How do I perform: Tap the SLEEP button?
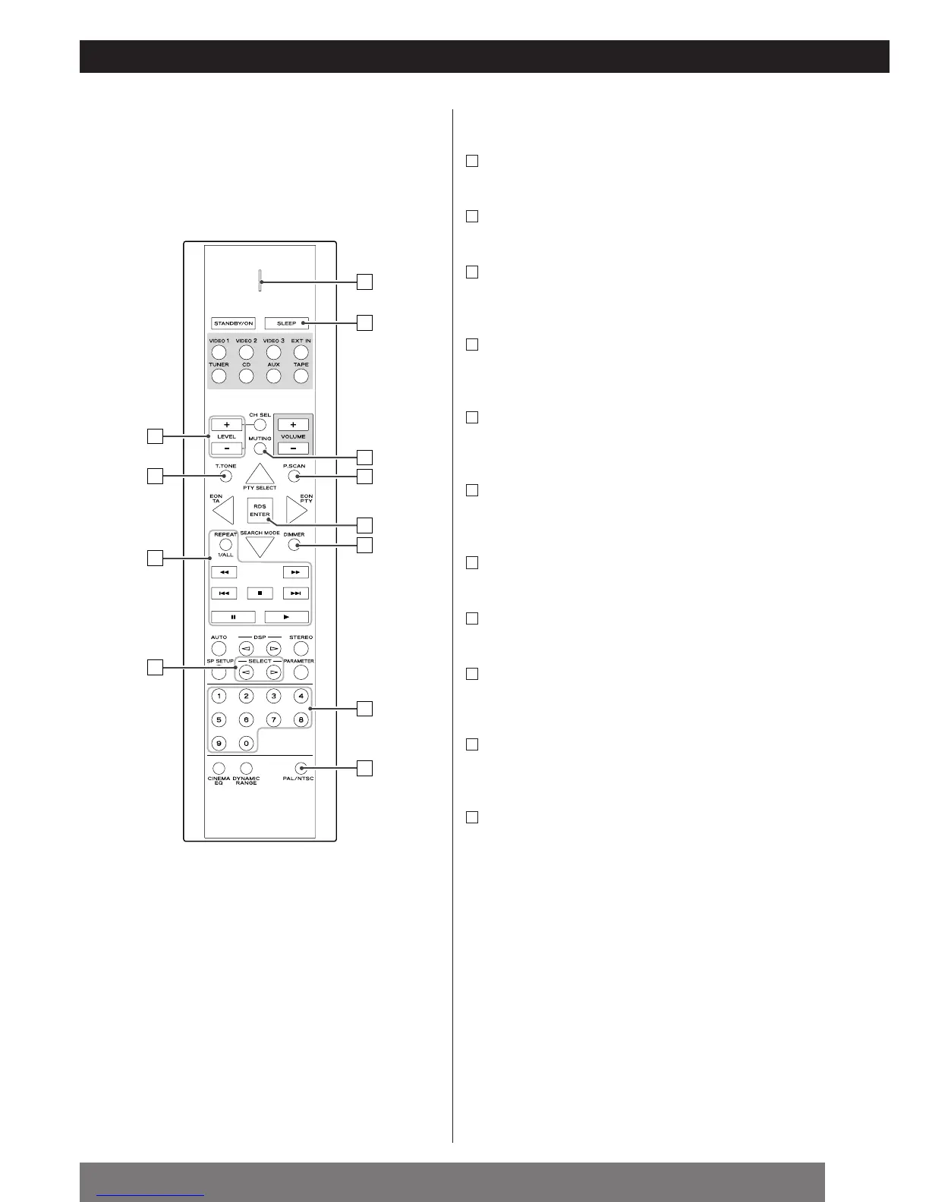(287, 323)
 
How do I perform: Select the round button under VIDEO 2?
(246, 352)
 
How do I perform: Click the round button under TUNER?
(219, 376)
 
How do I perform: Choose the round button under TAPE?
(301, 376)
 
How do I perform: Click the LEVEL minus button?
(226, 448)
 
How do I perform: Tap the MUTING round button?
(260, 448)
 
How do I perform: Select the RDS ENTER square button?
(260, 510)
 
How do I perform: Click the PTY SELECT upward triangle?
(260, 474)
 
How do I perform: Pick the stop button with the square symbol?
(260, 593)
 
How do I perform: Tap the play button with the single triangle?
(286, 617)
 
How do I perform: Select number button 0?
(246, 744)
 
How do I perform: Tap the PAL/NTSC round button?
(301, 768)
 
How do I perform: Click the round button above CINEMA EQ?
(219, 768)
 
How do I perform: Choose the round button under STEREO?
(301, 649)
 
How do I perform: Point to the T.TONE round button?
(225, 477)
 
